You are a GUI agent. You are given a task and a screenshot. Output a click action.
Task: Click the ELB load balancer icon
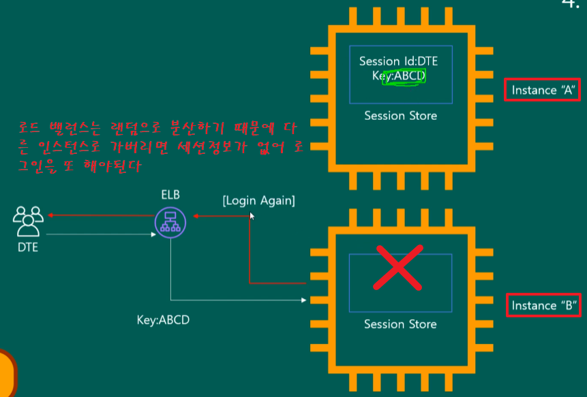pos(170,223)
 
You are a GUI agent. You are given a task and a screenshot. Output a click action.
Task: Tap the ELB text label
pos(170,195)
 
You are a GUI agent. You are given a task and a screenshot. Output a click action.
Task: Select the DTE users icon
pos(28,221)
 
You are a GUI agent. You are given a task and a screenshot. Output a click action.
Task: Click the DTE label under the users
pos(28,247)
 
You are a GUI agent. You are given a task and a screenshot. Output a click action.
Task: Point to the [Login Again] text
pos(258,201)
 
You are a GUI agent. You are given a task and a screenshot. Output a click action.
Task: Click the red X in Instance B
pos(398,268)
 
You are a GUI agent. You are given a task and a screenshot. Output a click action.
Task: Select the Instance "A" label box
pos(542,90)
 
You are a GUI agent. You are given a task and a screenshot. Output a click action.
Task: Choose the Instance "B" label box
pos(543,306)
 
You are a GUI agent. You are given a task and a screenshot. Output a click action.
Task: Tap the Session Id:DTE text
pos(398,61)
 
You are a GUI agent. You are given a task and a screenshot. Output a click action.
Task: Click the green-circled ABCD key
pos(404,77)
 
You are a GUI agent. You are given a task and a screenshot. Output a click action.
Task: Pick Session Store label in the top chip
pos(401,116)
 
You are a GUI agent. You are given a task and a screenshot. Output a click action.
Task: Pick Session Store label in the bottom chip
pos(400,324)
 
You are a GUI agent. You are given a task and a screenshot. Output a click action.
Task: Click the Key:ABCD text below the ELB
pos(163,320)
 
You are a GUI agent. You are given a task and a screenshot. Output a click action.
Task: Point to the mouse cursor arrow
pos(252,216)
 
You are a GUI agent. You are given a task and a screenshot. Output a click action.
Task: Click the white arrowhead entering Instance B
pos(303,300)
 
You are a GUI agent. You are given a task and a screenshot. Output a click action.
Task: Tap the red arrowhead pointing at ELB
pos(196,216)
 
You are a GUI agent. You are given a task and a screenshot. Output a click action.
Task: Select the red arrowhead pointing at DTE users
pos(50,215)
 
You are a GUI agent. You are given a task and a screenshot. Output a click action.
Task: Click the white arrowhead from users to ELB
pos(153,234)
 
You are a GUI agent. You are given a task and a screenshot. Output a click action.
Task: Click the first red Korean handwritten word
pos(29,128)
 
